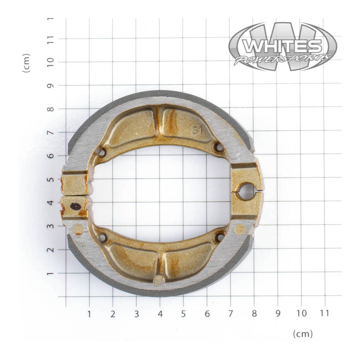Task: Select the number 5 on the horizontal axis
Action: pyautogui.click(x=183, y=313)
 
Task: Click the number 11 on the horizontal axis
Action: pyautogui.click(x=324, y=313)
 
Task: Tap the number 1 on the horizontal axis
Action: pyautogui.click(x=89, y=313)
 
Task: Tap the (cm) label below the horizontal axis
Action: pyautogui.click(x=302, y=333)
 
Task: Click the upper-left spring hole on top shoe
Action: pyautogui.click(x=102, y=153)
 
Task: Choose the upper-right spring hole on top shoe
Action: pyautogui.click(x=219, y=147)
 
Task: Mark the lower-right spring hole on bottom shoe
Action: pyautogui.click(x=220, y=236)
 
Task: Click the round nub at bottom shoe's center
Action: pyautogui.click(x=159, y=280)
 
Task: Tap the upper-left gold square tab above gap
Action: pyautogui.click(x=75, y=183)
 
